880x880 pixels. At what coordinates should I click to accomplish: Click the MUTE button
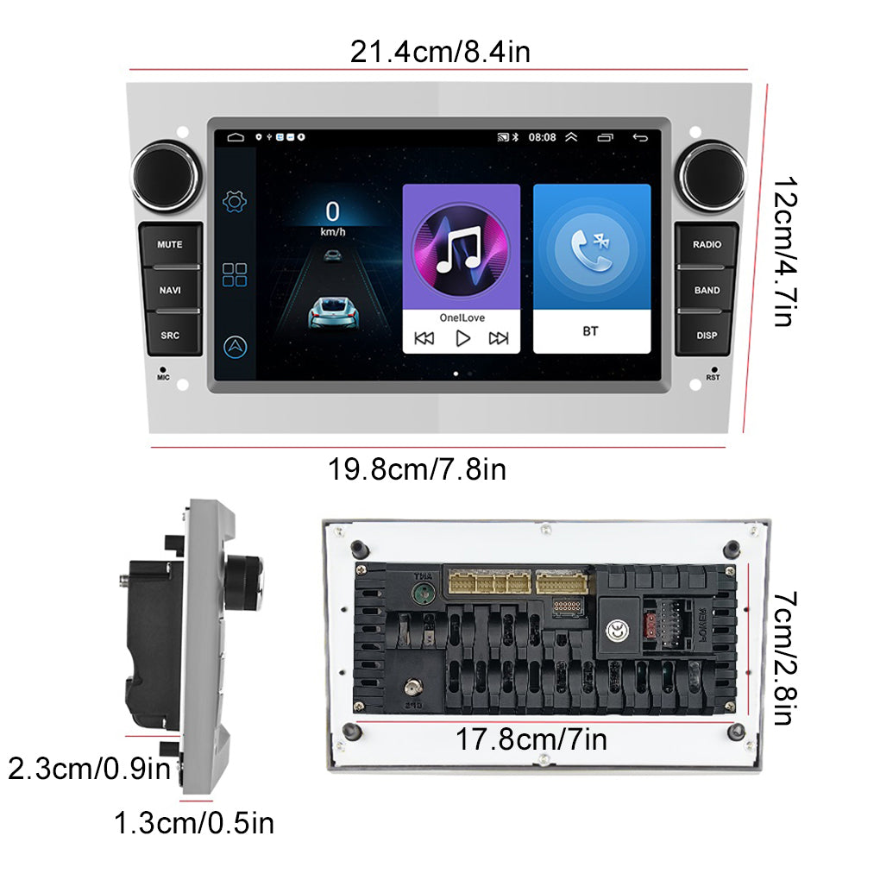pyautogui.click(x=170, y=244)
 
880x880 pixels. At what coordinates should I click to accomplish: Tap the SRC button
pyautogui.click(x=170, y=335)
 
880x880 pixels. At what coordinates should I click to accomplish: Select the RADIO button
pyautogui.click(x=707, y=244)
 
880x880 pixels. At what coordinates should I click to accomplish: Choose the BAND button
pyautogui.click(x=707, y=290)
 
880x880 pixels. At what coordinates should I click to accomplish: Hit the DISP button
pyautogui.click(x=707, y=335)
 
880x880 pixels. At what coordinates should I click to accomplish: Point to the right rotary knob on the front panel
pyautogui.click(x=711, y=176)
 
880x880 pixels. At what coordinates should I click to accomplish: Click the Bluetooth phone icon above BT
pyautogui.click(x=591, y=245)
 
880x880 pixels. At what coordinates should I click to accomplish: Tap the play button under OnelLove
pyautogui.click(x=462, y=338)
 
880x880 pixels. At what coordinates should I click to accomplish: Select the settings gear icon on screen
pyautogui.click(x=235, y=202)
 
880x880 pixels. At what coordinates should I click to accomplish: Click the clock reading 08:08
pyautogui.click(x=542, y=137)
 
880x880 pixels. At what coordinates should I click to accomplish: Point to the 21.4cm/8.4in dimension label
pyautogui.click(x=440, y=53)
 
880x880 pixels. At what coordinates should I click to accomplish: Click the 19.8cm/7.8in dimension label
pyautogui.click(x=417, y=470)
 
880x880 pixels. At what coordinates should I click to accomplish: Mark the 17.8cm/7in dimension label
pyautogui.click(x=531, y=739)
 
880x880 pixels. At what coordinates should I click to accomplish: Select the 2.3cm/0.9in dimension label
pyautogui.click(x=89, y=767)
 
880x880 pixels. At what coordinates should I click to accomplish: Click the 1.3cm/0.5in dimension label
pyautogui.click(x=194, y=823)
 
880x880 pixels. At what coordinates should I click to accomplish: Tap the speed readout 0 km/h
pyautogui.click(x=332, y=217)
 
